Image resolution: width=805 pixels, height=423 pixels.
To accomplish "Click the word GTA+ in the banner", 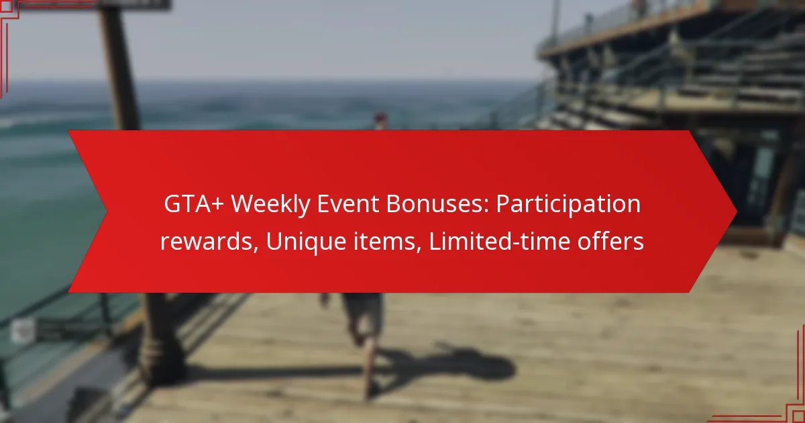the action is (x=194, y=204).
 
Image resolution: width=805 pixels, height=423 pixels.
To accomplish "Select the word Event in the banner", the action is (x=348, y=204).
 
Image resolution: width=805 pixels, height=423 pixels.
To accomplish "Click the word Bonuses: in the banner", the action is (x=437, y=204).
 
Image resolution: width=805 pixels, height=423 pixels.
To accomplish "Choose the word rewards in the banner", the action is (x=209, y=241).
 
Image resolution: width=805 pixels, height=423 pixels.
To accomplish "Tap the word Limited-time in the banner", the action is (x=500, y=241).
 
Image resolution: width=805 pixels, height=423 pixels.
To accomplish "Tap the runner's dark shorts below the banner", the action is (x=363, y=309).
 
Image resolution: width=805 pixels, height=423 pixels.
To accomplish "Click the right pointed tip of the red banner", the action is (x=737, y=212).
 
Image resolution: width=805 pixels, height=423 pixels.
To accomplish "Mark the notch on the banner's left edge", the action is (x=106, y=212).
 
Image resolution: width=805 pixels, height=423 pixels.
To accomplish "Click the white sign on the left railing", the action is (x=23, y=330).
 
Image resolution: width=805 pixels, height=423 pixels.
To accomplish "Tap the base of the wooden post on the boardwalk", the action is (x=162, y=371).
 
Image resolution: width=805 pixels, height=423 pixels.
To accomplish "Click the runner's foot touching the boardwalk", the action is (x=371, y=389).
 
